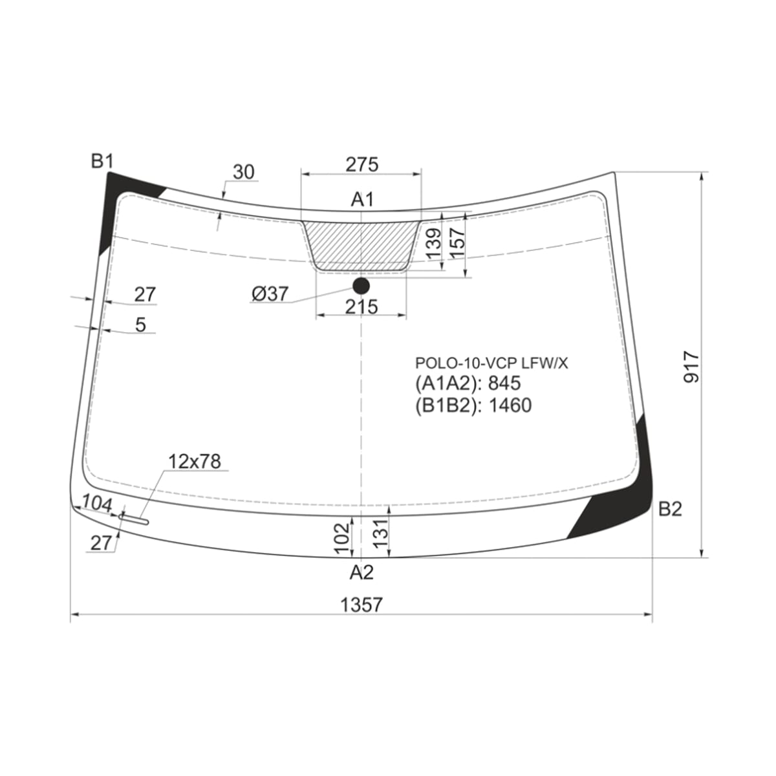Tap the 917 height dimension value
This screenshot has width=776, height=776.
[x=692, y=367]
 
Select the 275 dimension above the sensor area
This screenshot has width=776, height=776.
[x=362, y=164]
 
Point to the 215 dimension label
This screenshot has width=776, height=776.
[x=361, y=307]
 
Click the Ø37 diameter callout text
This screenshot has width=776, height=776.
[x=270, y=294]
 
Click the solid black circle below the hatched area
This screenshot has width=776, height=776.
[x=361, y=286]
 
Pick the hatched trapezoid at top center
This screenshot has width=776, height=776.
[x=361, y=246]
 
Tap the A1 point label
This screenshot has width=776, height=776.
[x=362, y=199]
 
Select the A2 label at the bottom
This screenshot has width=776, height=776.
[x=361, y=572]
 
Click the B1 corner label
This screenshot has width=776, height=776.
[x=102, y=162]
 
